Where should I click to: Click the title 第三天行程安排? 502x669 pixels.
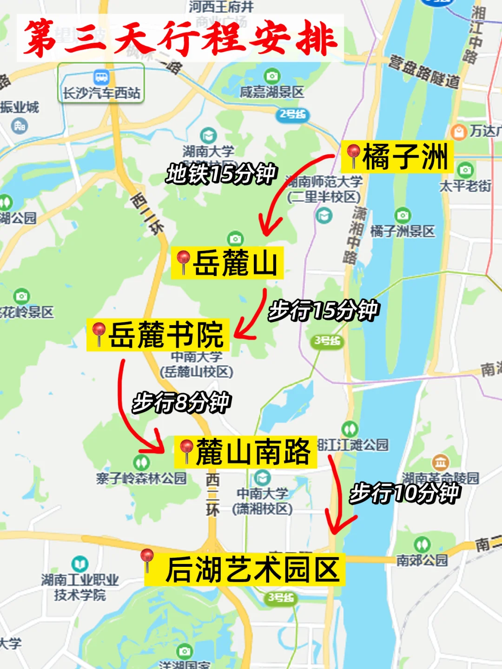click(180, 38)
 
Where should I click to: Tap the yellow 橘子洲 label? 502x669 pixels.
click(397, 157)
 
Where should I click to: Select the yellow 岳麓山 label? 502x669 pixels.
click(228, 263)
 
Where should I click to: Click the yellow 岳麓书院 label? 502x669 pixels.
click(158, 335)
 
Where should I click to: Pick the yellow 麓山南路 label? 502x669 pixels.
click(246, 452)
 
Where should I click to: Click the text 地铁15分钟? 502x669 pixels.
click(221, 174)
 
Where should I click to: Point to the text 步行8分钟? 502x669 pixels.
click(182, 402)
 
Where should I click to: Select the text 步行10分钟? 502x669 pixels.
click(404, 493)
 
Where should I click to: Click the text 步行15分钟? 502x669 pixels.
click(324, 310)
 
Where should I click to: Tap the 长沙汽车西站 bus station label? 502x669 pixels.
click(101, 92)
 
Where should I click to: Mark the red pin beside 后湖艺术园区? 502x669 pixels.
click(147, 558)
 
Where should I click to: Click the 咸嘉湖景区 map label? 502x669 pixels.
click(272, 92)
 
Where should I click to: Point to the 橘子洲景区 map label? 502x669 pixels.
click(403, 231)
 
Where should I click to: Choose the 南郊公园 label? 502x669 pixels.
click(422, 560)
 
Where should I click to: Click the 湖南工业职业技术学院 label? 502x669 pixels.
click(80, 587)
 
